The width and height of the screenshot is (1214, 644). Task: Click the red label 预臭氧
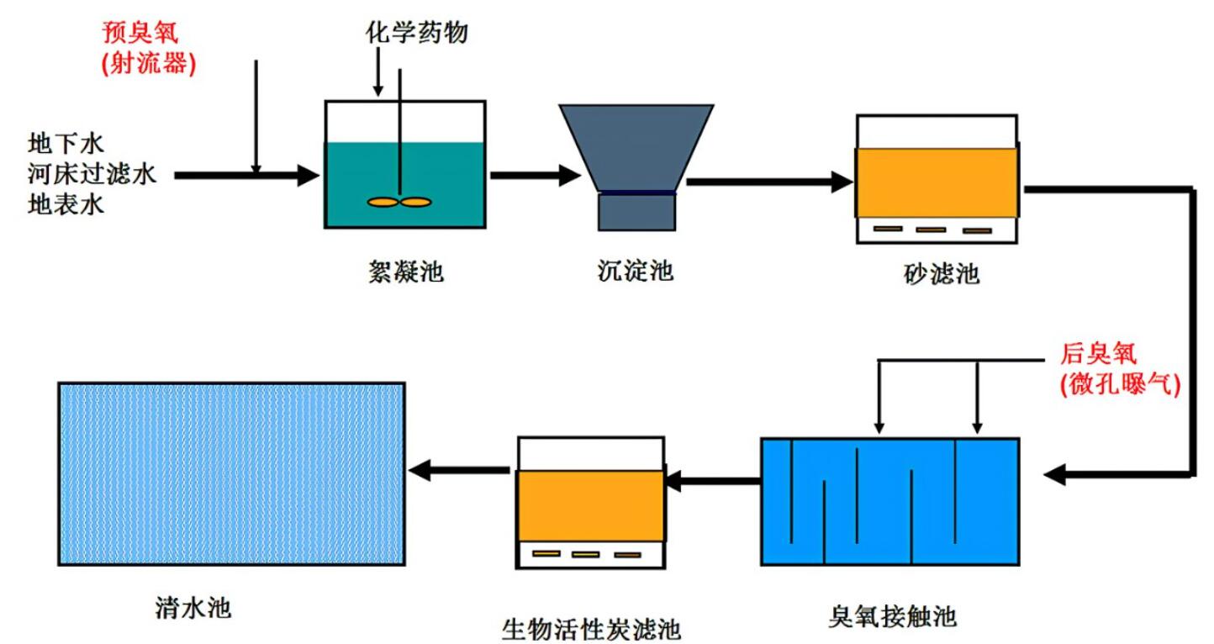click(x=141, y=34)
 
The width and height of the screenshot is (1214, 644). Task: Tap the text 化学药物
click(x=416, y=33)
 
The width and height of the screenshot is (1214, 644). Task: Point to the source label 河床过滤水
click(x=92, y=174)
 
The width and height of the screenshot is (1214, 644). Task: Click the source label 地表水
click(x=66, y=204)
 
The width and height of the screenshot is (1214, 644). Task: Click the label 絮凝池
click(x=400, y=272)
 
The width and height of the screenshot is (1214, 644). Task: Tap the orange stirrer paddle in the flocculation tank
click(x=399, y=202)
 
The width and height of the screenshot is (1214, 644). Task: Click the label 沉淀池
click(x=631, y=272)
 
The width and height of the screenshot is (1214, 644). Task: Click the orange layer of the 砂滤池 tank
click(x=937, y=182)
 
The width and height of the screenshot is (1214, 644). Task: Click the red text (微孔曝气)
click(x=1121, y=384)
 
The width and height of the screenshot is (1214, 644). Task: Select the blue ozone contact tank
click(x=889, y=501)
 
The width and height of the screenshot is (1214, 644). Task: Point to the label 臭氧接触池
click(x=891, y=616)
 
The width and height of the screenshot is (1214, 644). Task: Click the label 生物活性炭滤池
click(x=590, y=627)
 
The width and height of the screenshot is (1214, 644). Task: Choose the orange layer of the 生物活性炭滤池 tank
click(x=590, y=505)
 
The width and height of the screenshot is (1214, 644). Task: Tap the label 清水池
click(x=193, y=606)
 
